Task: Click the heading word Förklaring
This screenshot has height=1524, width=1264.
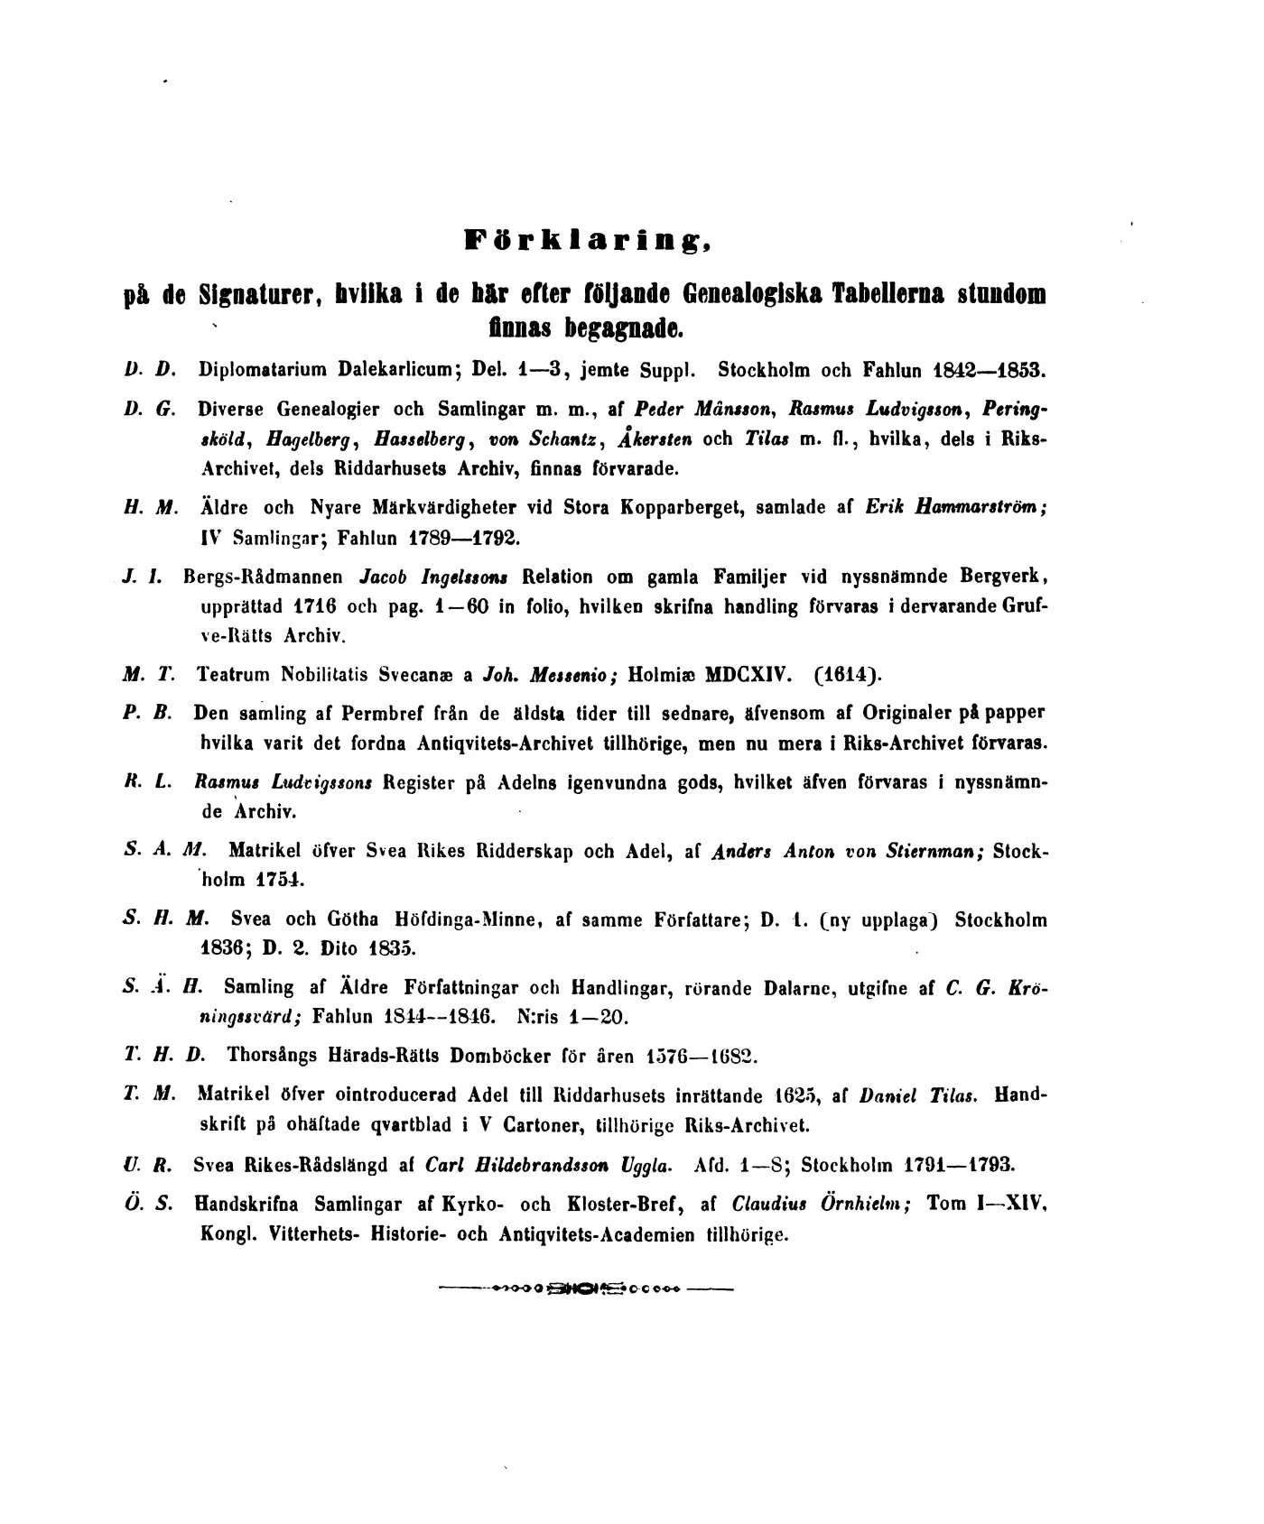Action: (589, 241)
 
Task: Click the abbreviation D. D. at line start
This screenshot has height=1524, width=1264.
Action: (143, 369)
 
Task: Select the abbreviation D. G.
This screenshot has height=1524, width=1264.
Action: (143, 408)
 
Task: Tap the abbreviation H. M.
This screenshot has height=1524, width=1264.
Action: (143, 508)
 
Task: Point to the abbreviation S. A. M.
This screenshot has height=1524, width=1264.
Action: (163, 850)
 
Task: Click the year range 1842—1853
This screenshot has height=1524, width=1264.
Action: (989, 369)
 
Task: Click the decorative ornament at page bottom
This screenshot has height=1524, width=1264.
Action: (585, 1289)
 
